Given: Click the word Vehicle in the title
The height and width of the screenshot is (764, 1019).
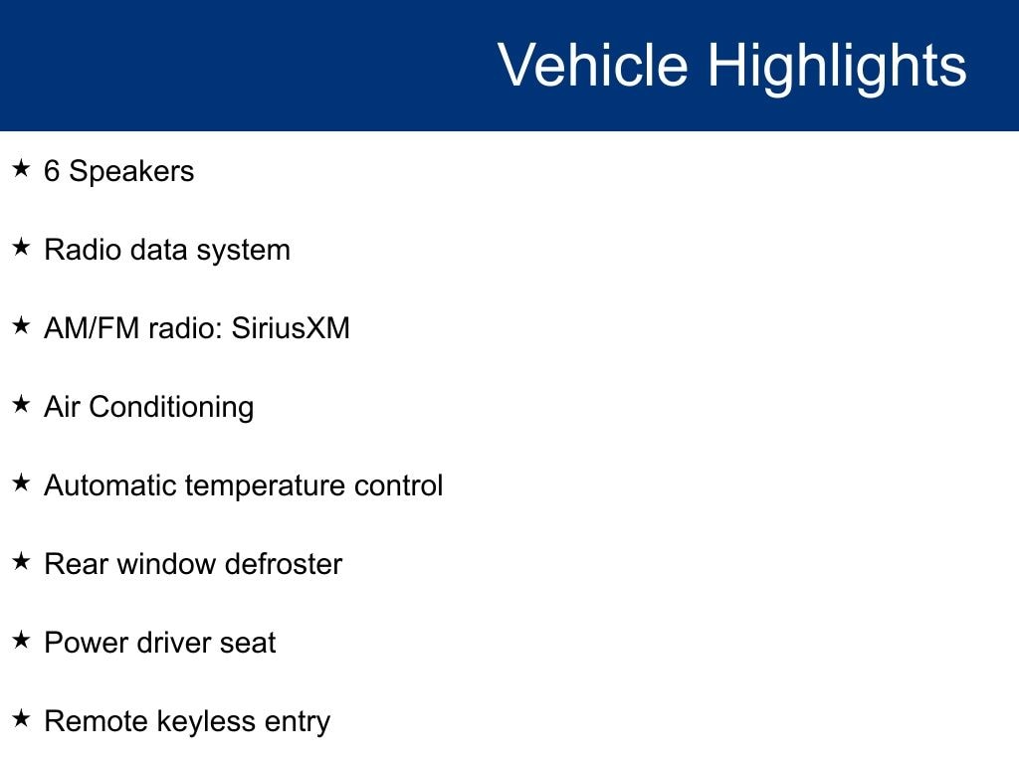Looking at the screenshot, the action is click(x=593, y=65).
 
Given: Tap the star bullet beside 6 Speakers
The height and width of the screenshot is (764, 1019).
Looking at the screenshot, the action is click(x=21, y=168).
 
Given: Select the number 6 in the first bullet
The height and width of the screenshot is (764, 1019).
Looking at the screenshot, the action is click(x=52, y=171).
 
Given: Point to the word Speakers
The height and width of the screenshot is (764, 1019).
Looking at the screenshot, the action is click(x=132, y=171).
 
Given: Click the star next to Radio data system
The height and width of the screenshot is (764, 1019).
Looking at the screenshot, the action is click(x=21, y=247).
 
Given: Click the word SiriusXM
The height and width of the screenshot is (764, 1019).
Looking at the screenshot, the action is click(x=291, y=328).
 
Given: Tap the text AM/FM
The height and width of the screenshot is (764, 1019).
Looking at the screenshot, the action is click(x=92, y=328).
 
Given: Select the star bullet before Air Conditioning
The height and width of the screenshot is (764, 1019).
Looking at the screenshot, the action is click(x=21, y=404).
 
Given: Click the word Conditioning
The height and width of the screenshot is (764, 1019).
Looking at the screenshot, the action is click(x=171, y=408).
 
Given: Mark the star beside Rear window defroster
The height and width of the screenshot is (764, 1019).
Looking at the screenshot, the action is click(x=21, y=561).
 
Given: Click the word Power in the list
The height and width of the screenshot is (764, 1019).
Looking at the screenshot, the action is click(x=86, y=643).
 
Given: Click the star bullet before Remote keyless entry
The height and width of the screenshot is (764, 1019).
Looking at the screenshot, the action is click(x=21, y=718).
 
